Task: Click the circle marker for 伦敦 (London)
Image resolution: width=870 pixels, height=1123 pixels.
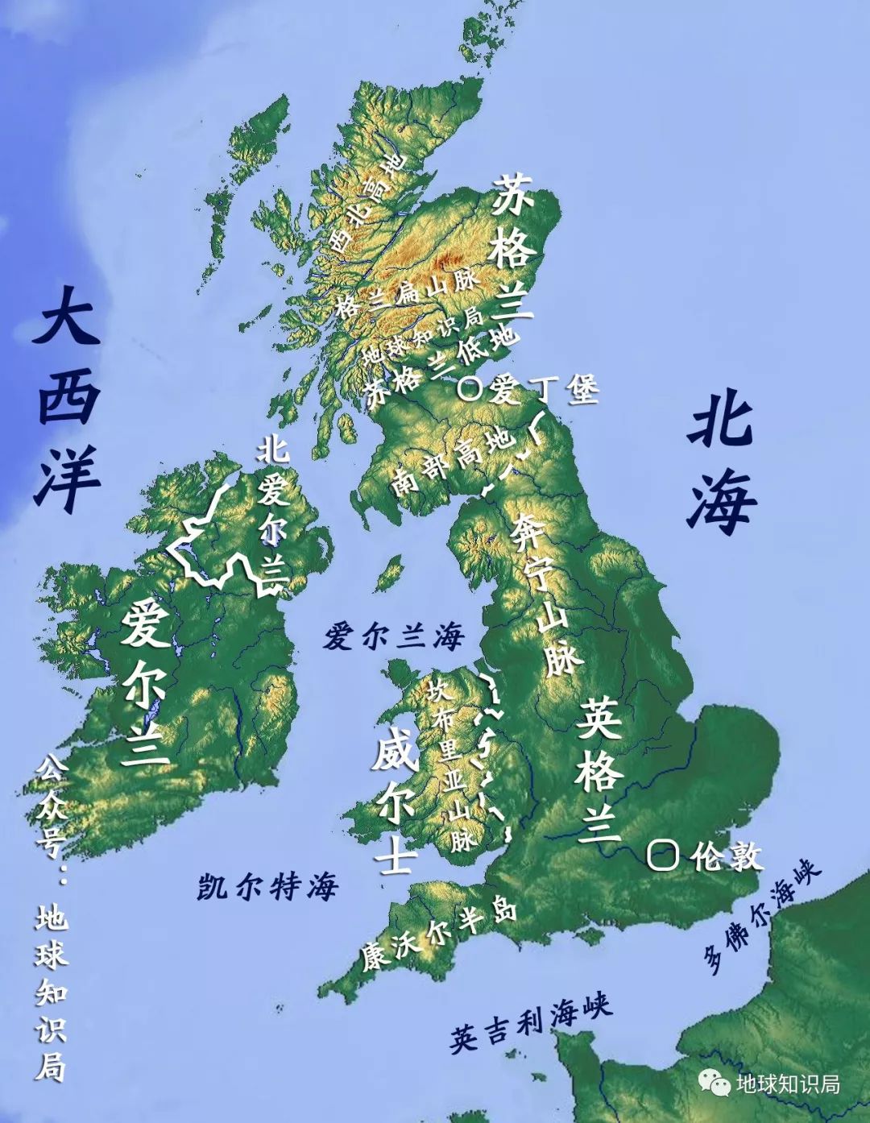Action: click(663, 855)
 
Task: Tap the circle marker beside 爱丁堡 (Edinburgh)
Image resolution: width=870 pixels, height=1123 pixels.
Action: click(470, 389)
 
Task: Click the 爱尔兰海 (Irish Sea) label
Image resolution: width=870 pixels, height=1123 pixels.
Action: click(394, 637)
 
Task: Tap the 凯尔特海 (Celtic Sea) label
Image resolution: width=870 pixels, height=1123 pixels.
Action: click(268, 887)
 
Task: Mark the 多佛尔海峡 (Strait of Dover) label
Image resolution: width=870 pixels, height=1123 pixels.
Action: click(760, 915)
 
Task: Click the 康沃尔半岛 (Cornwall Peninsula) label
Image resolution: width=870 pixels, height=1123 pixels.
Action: click(439, 935)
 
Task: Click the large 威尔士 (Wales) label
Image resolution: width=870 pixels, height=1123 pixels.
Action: click(394, 806)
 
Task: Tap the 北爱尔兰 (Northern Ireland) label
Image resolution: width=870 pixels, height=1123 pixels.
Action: click(273, 511)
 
